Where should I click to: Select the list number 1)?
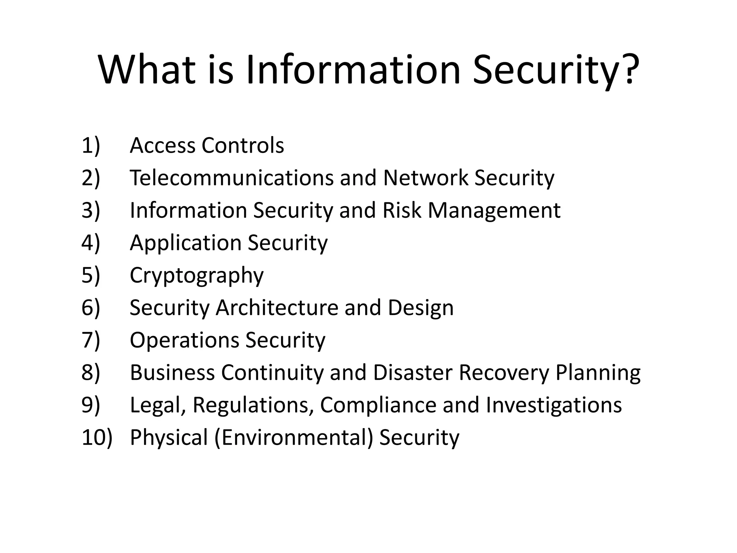pyautogui.click(x=91, y=145)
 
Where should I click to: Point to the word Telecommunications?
pyautogui.click(x=232, y=178)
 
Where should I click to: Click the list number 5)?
pyautogui.click(x=91, y=275)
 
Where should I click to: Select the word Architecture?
pyautogui.click(x=277, y=308)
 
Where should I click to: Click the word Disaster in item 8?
pyautogui.click(x=412, y=373)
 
